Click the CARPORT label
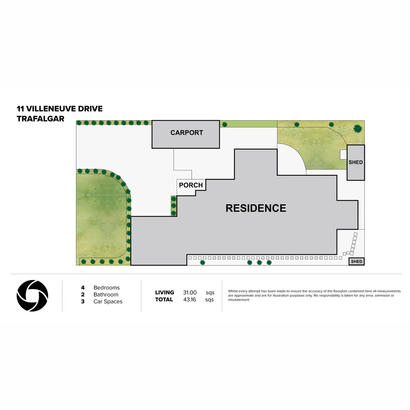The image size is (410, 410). tap(187, 133)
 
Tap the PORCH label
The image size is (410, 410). tap(191, 185)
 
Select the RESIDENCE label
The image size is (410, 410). tap(256, 208)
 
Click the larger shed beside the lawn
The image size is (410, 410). tap(356, 163)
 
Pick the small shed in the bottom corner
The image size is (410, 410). tap(356, 261)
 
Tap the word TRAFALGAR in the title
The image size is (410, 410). tap(40, 119)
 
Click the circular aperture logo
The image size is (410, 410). tap(32, 296)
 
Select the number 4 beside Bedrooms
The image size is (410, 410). tap(83, 288)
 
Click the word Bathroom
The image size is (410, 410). tap(106, 295)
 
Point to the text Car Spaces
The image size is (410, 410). tap(108, 301)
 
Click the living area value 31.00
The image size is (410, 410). tap(190, 292)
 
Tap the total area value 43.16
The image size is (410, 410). tap(190, 300)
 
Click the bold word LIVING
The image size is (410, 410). tap(165, 292)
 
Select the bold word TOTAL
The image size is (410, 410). tap(164, 300)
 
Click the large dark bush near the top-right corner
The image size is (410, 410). tap(357, 129)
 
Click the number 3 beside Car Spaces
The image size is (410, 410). tap(83, 301)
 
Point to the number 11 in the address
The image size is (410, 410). tap(20, 109)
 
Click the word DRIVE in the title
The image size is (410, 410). tap(90, 109)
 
